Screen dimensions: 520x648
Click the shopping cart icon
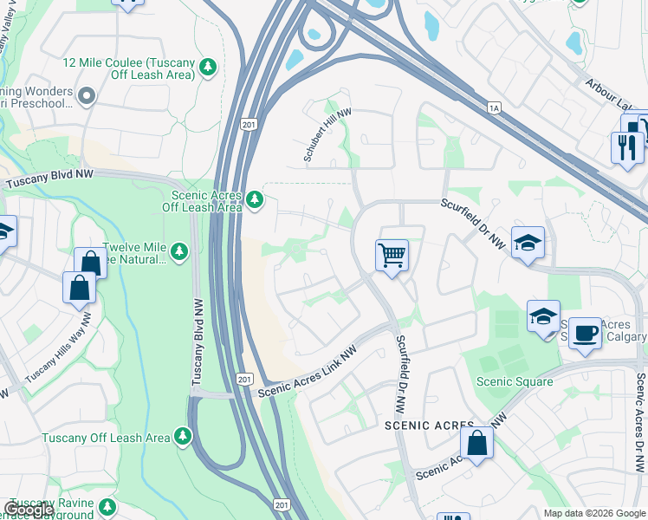[x=392, y=257]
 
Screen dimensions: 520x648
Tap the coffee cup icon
[x=585, y=334]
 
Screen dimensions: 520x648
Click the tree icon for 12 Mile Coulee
[x=208, y=66]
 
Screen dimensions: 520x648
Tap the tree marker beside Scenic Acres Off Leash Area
[x=254, y=200]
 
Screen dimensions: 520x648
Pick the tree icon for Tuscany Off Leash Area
[x=182, y=437]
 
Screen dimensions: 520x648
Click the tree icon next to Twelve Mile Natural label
[x=179, y=251]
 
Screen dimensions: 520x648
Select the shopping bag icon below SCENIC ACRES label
[x=476, y=443]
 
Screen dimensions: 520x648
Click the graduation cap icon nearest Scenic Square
[x=543, y=317]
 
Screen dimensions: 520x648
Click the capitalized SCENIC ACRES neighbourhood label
[x=428, y=426]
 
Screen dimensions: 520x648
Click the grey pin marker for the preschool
[x=86, y=95]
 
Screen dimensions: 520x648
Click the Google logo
[x=29, y=510]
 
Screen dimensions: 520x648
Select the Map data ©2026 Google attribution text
[x=594, y=513]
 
